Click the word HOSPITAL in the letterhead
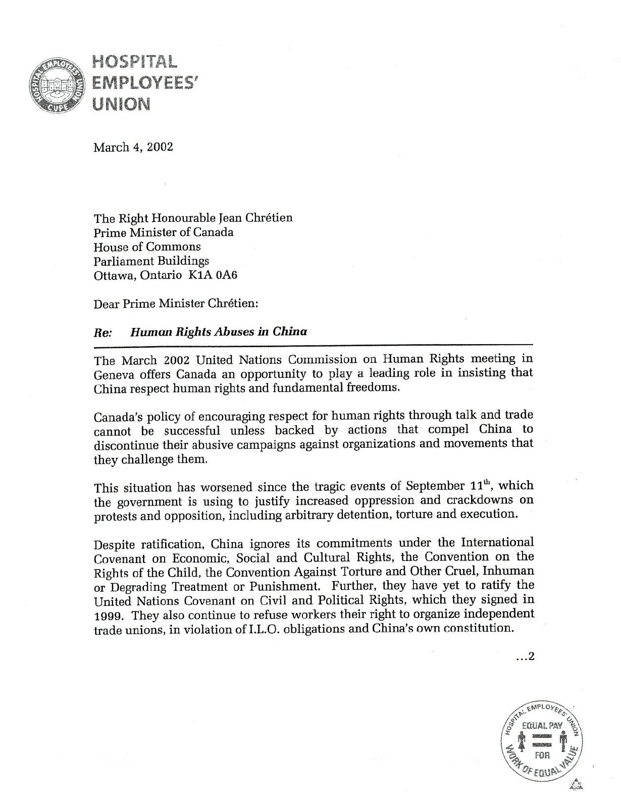(134, 61)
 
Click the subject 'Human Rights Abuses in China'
(219, 332)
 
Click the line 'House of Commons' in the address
(147, 247)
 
